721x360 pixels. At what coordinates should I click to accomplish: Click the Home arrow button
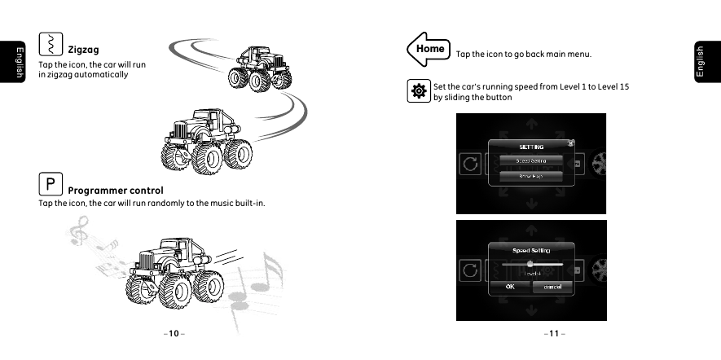tap(427, 48)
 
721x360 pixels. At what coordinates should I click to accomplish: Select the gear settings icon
tap(419, 91)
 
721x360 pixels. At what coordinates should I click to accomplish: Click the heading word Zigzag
tap(83, 50)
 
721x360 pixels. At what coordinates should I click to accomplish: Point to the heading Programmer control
tap(116, 191)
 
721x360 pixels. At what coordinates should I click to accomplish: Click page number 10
tap(173, 333)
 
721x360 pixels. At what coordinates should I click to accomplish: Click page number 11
tap(554, 333)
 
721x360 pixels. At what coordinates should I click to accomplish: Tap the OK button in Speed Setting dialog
tap(509, 287)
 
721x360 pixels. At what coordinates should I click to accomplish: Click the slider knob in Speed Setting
tap(530, 264)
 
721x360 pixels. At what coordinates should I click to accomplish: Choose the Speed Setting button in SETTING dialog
tap(530, 160)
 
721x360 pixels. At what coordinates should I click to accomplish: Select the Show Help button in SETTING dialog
tap(530, 175)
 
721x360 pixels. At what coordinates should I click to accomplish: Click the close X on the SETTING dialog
tap(570, 143)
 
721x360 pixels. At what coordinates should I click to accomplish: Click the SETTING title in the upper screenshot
tap(531, 147)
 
